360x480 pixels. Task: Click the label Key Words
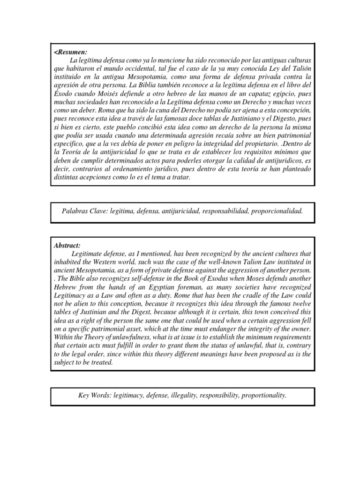[x=92, y=396]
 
